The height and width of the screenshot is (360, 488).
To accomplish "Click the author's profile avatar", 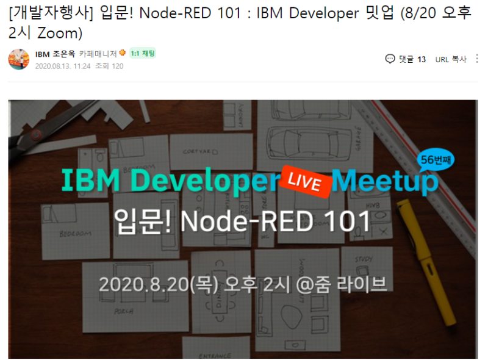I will (x=18, y=59).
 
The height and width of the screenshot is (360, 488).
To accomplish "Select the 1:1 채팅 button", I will (x=143, y=54).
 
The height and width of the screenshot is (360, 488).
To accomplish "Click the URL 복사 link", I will (x=451, y=59).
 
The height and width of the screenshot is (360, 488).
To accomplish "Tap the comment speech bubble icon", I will (x=390, y=59).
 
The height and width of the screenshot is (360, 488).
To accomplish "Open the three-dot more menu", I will (x=477, y=59).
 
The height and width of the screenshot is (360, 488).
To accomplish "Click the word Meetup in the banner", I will (x=386, y=181).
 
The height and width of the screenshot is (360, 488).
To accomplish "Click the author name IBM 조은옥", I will (x=56, y=54).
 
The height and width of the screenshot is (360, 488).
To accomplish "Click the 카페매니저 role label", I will (x=98, y=54).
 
